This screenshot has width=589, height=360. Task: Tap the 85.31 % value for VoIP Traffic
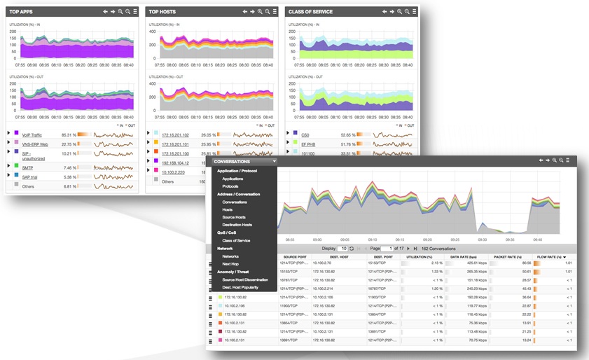(69, 134)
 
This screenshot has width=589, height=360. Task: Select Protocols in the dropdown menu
(231, 186)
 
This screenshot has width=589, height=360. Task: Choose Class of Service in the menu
(237, 240)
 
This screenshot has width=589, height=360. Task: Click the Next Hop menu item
(232, 264)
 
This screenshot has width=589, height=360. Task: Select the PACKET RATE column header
(507, 257)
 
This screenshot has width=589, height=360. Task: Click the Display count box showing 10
(343, 248)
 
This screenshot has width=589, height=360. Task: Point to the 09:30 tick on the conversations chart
(482, 239)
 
